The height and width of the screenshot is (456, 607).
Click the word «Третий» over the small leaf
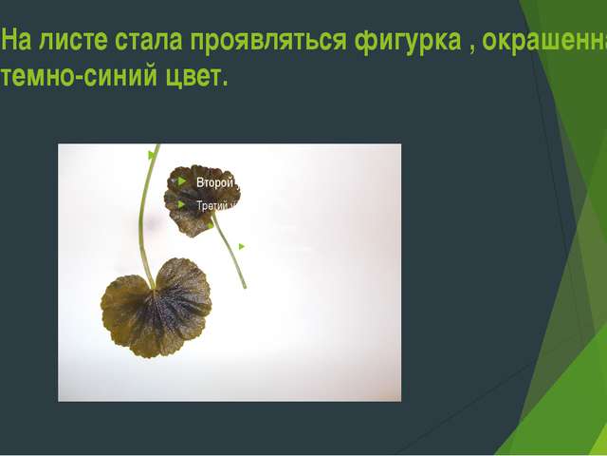point(214,204)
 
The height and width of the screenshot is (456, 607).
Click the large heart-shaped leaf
point(156,308)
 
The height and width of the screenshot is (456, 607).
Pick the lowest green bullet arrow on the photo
point(242,247)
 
